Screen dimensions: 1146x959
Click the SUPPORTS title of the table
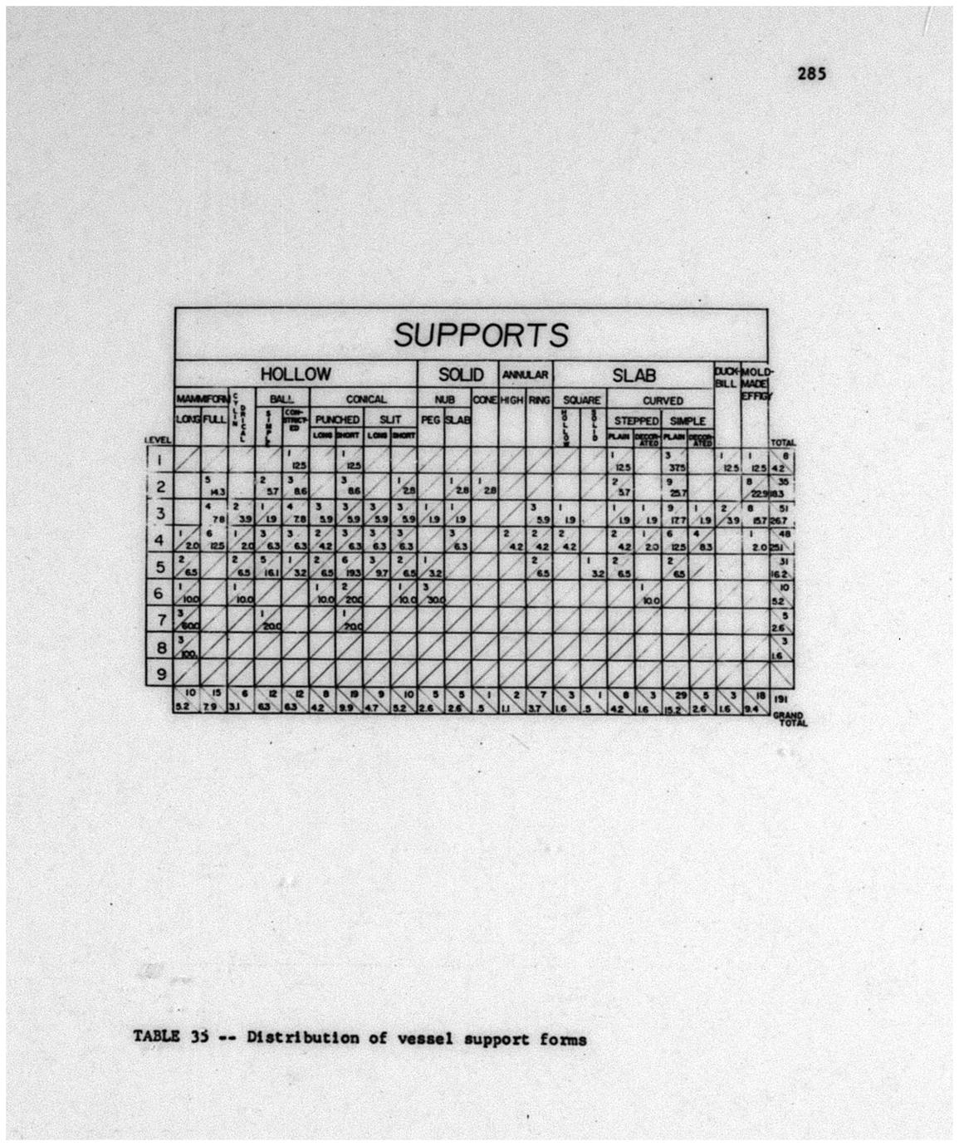tap(481, 335)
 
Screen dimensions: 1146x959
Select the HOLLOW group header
tap(296, 375)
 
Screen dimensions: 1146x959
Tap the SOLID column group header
tap(460, 375)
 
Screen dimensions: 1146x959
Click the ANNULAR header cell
tap(526, 375)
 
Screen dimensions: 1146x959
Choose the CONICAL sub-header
tap(365, 399)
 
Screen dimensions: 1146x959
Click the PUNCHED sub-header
tap(337, 420)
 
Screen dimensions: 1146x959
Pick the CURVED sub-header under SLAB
tap(662, 400)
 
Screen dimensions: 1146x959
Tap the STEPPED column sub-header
tap(635, 421)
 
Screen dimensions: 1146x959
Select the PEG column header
tap(429, 420)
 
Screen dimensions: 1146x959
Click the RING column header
tap(540, 399)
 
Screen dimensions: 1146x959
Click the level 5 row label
tap(159, 567)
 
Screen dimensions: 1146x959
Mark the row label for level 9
tap(159, 673)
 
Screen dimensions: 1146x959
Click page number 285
tap(811, 73)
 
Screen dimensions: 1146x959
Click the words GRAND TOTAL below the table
tap(789, 718)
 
